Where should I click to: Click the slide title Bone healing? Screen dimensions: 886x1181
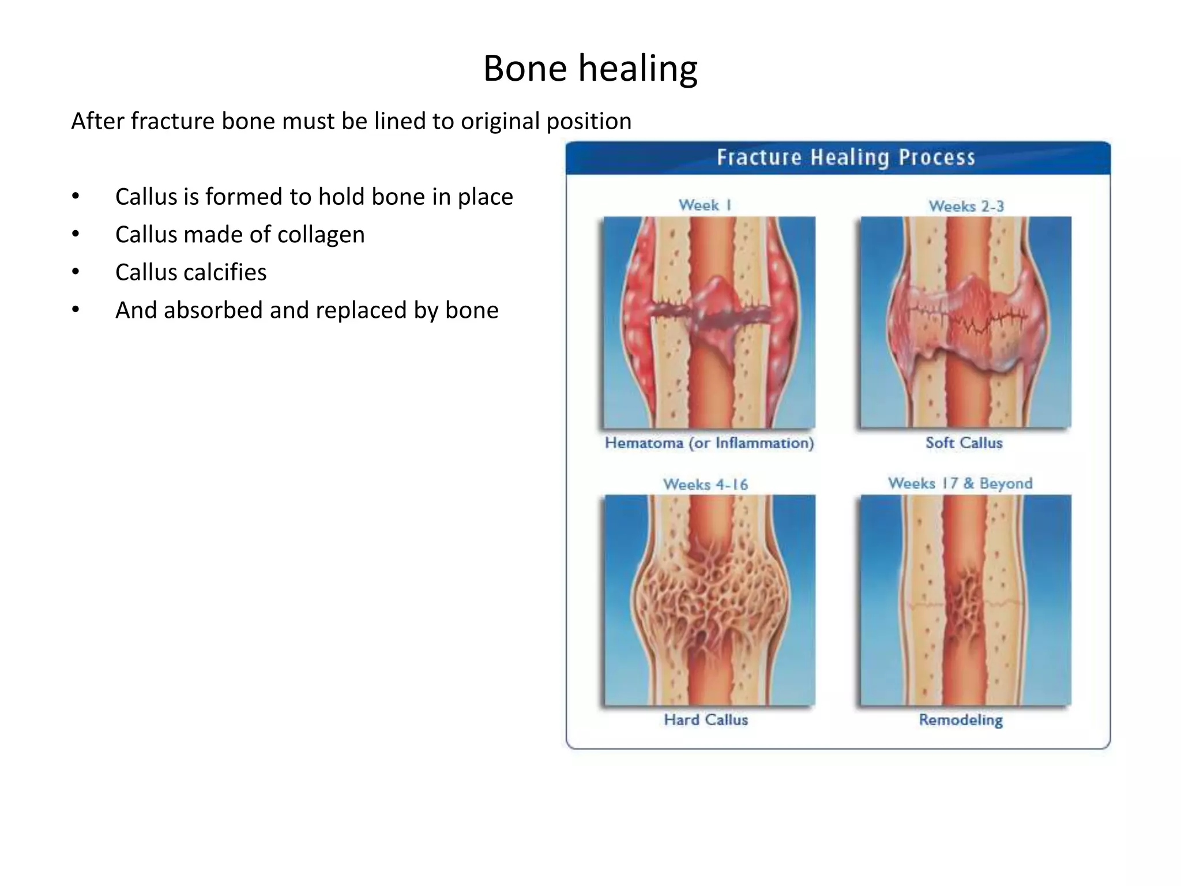(x=590, y=69)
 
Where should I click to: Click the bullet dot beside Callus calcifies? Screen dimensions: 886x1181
(x=76, y=272)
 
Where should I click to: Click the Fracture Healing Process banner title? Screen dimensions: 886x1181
(x=845, y=157)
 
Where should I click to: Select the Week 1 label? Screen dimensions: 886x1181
(x=705, y=205)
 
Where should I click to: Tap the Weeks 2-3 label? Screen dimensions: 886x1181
(x=966, y=206)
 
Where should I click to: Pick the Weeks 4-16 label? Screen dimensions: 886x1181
(x=705, y=484)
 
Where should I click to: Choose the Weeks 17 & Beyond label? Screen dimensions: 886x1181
(x=960, y=483)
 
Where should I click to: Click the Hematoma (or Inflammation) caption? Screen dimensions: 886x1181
(x=709, y=443)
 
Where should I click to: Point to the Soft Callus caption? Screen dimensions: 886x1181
(x=964, y=443)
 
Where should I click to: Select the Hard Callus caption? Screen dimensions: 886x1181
(x=706, y=720)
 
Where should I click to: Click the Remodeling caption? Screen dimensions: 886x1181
(x=961, y=720)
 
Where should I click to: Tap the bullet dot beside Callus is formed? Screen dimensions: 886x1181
(x=76, y=197)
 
